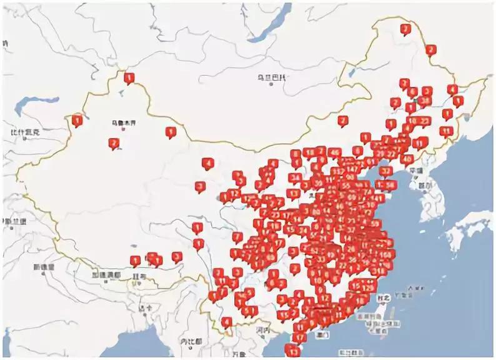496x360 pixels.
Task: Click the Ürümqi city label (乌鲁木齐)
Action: click(x=122, y=122)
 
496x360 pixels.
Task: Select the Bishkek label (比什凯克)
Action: click(x=25, y=132)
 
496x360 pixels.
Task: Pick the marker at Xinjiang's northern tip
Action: click(x=129, y=78)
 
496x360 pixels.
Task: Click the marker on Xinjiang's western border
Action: click(x=77, y=119)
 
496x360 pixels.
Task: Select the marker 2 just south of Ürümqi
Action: click(x=114, y=143)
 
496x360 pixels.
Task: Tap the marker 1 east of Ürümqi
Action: click(x=170, y=131)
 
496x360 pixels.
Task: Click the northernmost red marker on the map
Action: click(x=405, y=29)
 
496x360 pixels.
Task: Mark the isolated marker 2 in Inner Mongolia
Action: click(x=342, y=120)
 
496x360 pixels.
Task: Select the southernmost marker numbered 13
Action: click(x=291, y=349)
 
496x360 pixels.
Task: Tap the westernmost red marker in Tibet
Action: click(x=135, y=260)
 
